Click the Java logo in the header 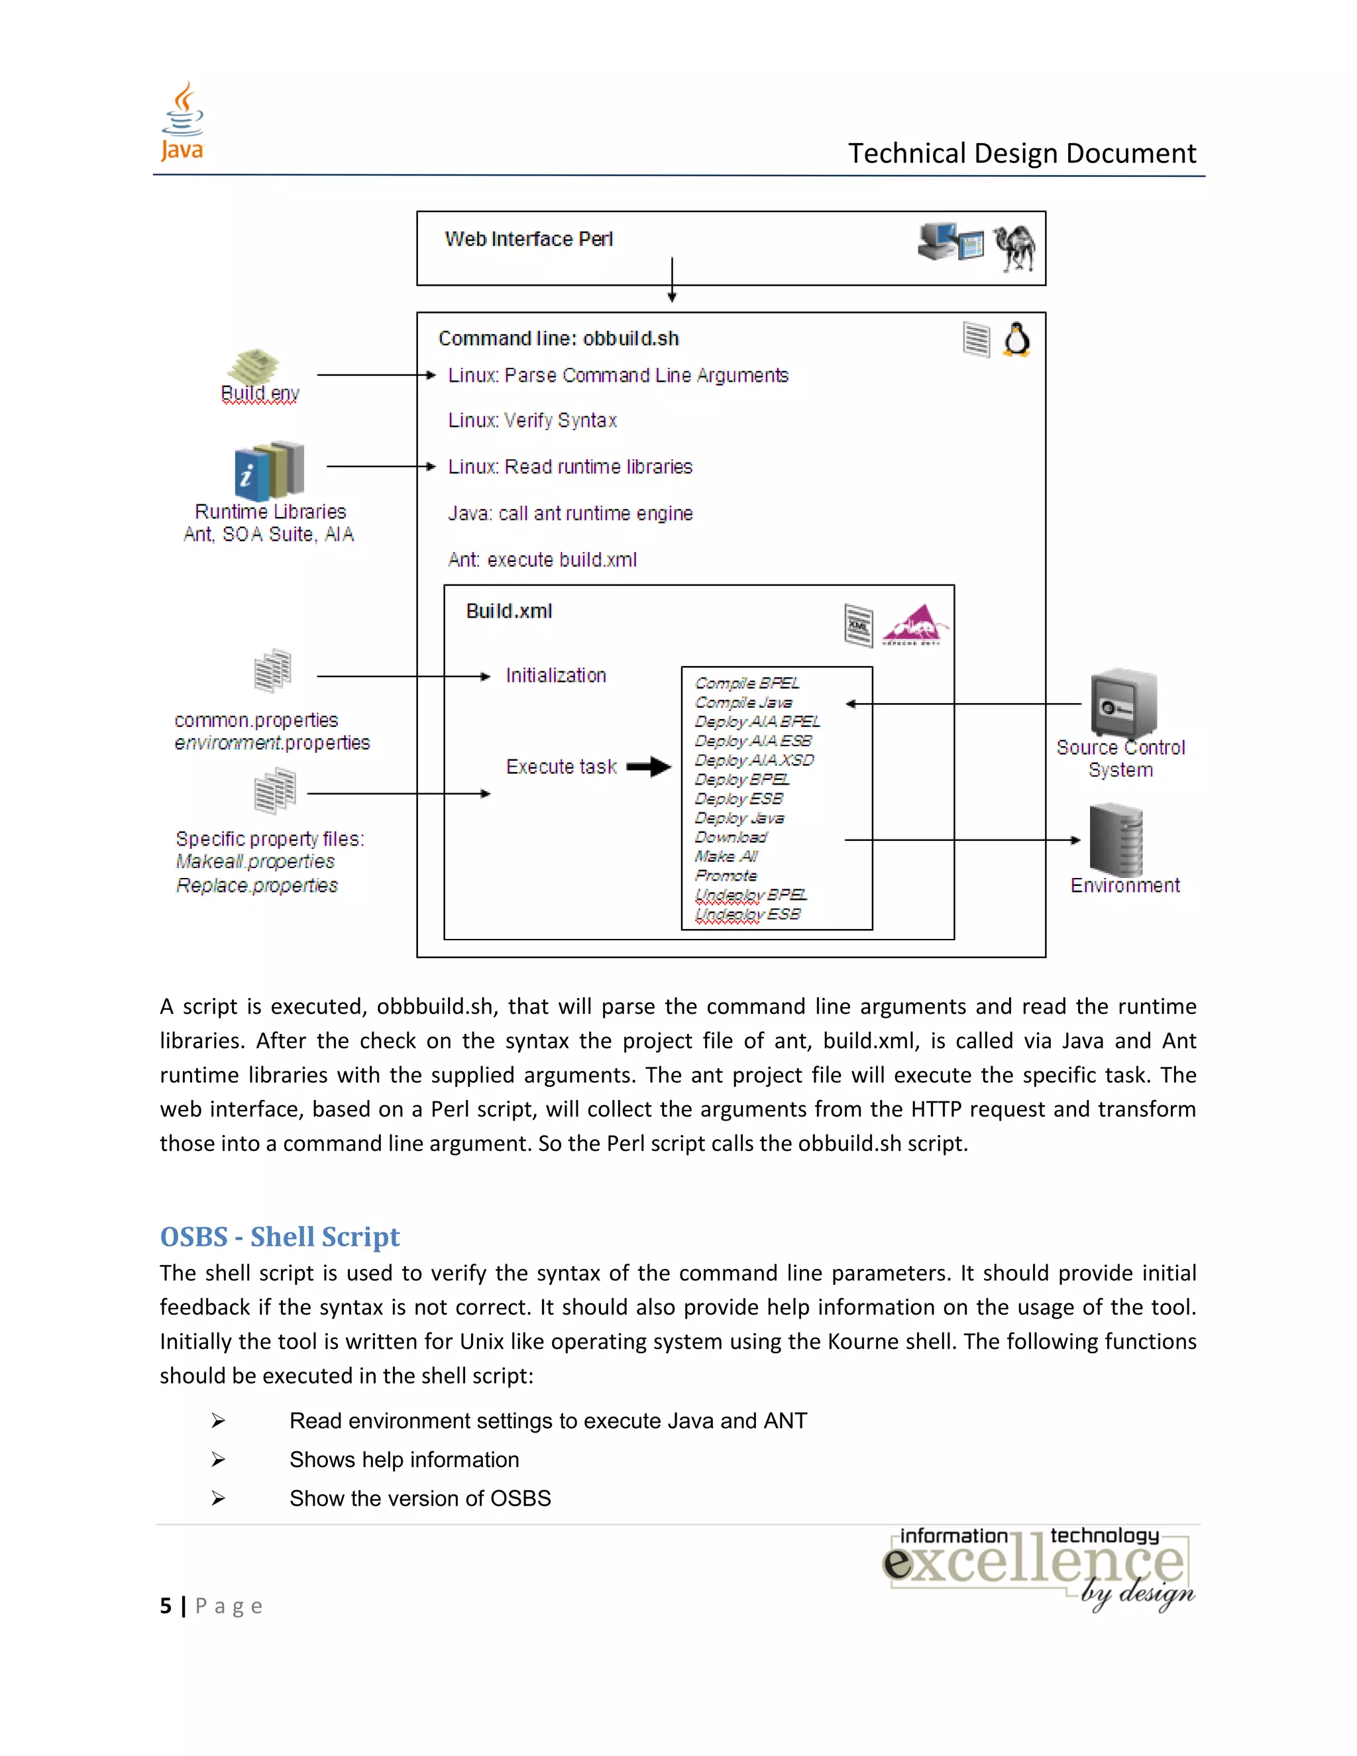click(x=182, y=121)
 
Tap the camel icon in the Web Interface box click(x=1014, y=248)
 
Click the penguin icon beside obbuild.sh click(x=1017, y=339)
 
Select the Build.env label click(x=260, y=393)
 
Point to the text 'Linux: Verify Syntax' click(x=532, y=421)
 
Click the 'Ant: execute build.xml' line click(x=542, y=560)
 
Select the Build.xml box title click(x=509, y=611)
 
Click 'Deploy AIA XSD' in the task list click(x=754, y=760)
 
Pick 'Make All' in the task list click(x=726, y=856)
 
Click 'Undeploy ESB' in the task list click(x=747, y=914)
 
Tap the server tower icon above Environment click(x=1116, y=840)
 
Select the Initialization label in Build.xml click(x=555, y=675)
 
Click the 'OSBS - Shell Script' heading click(x=280, y=1236)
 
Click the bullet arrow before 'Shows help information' click(x=218, y=1459)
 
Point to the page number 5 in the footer click(x=166, y=1606)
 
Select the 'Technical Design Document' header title click(x=1022, y=153)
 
